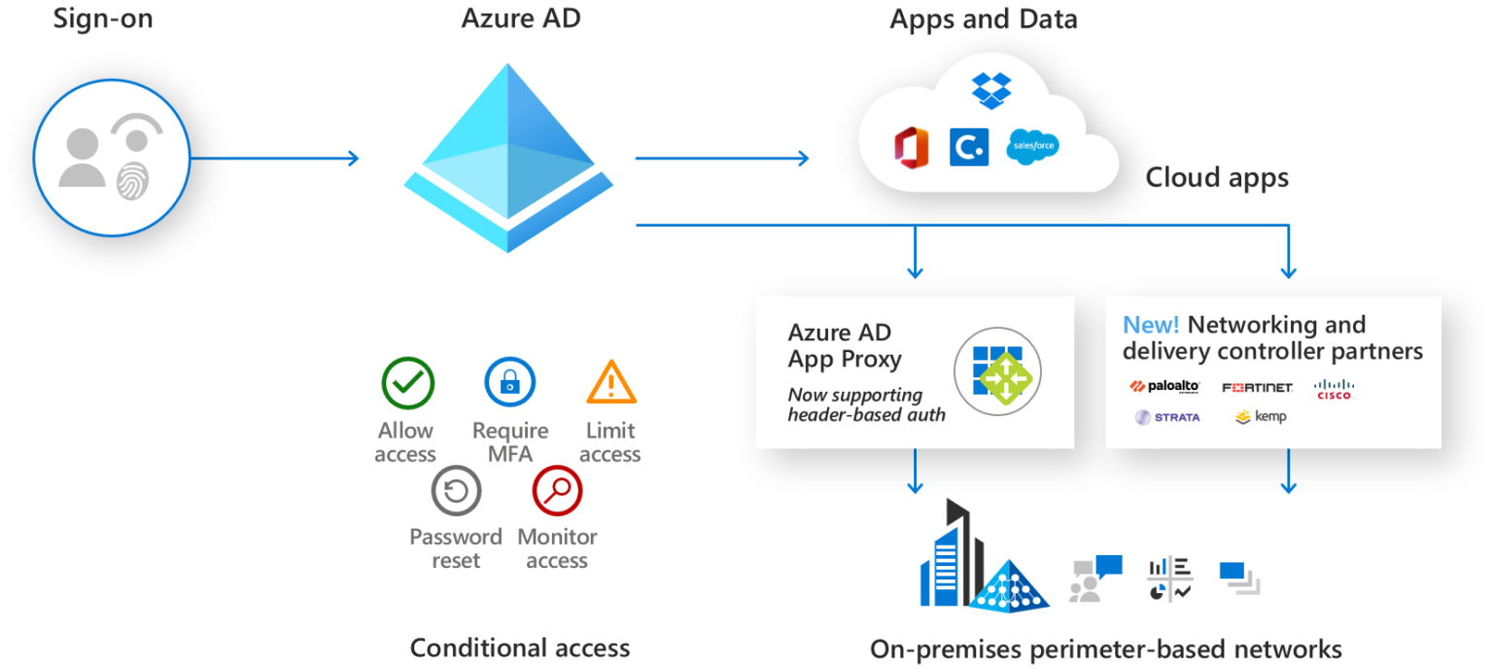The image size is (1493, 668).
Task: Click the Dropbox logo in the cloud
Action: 991,89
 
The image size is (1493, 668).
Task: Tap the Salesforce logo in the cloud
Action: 1033,147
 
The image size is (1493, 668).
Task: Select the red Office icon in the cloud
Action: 912,148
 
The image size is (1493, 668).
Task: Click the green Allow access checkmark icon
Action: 407,382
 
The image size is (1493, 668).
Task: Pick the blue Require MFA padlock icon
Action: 510,382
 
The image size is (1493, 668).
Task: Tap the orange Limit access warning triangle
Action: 611,383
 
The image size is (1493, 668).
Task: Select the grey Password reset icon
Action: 456,492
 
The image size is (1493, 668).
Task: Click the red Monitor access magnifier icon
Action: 557,491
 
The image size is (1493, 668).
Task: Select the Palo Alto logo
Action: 1165,387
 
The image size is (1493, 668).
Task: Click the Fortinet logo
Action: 1257,388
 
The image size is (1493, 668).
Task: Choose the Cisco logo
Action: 1334,388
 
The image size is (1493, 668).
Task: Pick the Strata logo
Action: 1167,417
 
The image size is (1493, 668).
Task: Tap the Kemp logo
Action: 1261,417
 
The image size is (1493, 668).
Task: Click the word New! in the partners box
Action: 1151,325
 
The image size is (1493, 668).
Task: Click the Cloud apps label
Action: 1217,178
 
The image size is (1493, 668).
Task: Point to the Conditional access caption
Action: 520,648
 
